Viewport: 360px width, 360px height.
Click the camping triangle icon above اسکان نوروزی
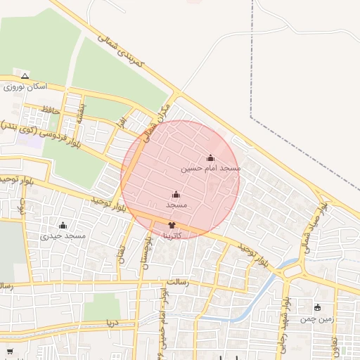[25, 75]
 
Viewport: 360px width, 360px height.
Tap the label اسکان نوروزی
[25, 86]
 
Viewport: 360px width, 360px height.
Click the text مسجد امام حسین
[211, 169]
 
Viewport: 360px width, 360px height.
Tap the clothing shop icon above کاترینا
[172, 225]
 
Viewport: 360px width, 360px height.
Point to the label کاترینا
[172, 236]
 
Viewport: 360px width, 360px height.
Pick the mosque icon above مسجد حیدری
[63, 225]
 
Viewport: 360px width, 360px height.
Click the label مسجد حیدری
[63, 236]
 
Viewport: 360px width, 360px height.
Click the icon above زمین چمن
[316, 307]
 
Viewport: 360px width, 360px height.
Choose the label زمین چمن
[316, 319]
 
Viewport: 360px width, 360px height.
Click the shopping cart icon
[10, 351]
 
